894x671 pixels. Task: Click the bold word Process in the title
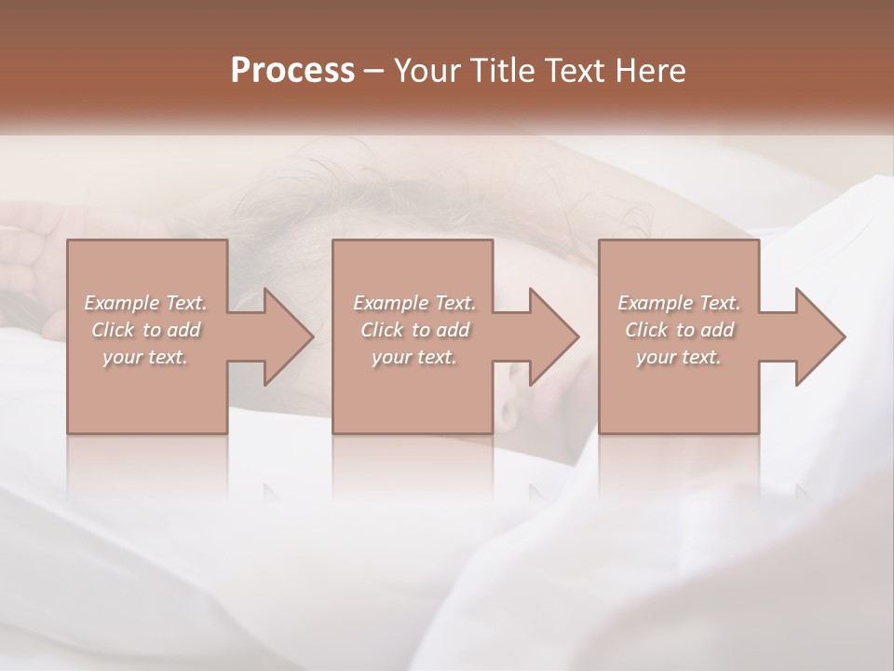click(x=292, y=71)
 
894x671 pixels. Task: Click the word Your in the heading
click(x=425, y=71)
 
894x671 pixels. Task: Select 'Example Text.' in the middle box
click(x=413, y=303)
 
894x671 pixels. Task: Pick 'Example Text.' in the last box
click(x=678, y=303)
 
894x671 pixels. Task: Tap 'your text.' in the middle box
click(x=413, y=357)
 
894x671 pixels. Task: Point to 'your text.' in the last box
click(x=678, y=357)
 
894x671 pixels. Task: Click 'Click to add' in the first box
click(x=145, y=330)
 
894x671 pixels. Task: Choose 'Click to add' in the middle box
click(x=414, y=330)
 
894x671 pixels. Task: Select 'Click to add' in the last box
click(x=679, y=330)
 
